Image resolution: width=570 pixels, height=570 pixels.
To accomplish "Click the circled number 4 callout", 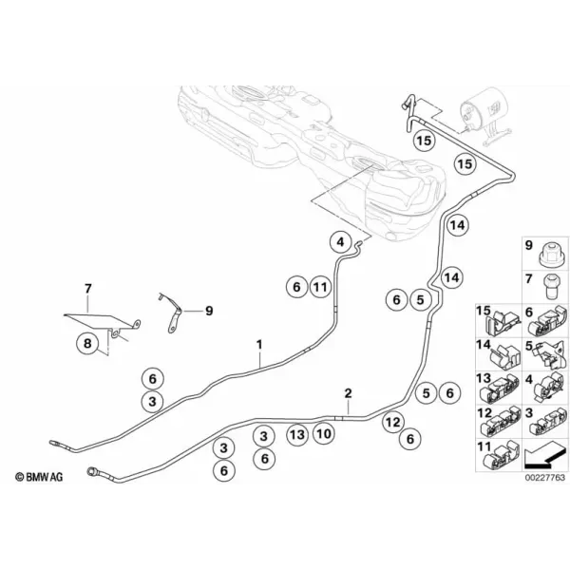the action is pos(340,241).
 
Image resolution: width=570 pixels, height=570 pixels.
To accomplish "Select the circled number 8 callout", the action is pos(87,343).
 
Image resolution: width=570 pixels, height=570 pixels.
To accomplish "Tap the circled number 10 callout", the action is pos(324,434).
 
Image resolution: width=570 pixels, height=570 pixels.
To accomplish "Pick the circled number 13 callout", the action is pos(297,434).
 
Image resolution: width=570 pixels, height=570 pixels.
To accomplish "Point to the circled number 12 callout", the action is pos(393,423).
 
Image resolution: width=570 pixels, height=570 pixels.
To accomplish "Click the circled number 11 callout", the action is pos(321,287).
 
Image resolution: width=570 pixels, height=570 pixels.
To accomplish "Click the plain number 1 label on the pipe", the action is pos(259,345).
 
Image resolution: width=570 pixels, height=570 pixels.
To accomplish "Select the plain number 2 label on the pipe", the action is pos(348,393).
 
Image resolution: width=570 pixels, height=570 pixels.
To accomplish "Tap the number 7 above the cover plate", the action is pos(88,289).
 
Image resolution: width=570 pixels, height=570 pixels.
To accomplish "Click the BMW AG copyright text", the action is pos(39,477).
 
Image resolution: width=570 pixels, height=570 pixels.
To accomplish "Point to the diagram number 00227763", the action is pos(545,477).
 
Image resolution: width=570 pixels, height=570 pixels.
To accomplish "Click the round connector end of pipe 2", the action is pos(90,471).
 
